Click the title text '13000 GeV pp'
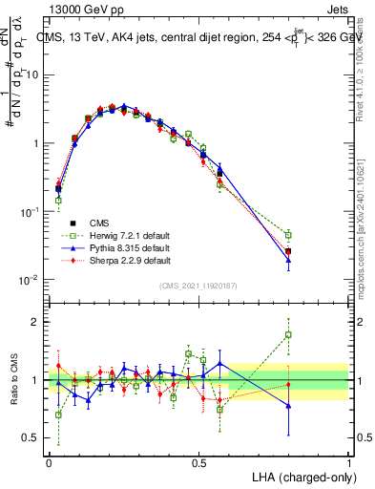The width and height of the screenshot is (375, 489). point(78,8)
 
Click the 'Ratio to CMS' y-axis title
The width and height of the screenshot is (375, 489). point(12,380)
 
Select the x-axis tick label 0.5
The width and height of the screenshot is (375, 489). point(198,462)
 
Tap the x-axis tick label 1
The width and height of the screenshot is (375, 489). point(348,462)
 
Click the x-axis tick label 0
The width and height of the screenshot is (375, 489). point(49,462)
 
